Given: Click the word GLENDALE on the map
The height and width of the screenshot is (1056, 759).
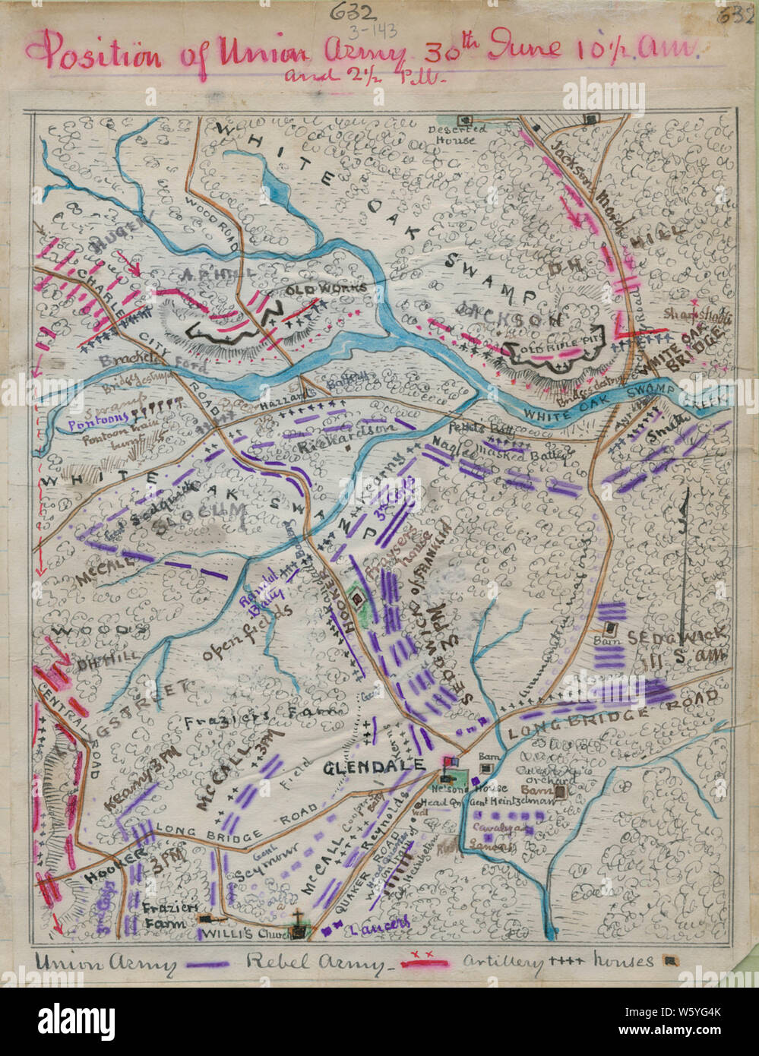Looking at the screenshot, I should coord(374,767).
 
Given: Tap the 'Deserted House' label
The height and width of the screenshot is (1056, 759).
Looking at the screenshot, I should coord(451,134).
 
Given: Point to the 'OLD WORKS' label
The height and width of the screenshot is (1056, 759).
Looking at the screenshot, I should coord(327,289).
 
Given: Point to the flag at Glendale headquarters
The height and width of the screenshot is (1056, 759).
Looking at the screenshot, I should coord(450,760).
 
